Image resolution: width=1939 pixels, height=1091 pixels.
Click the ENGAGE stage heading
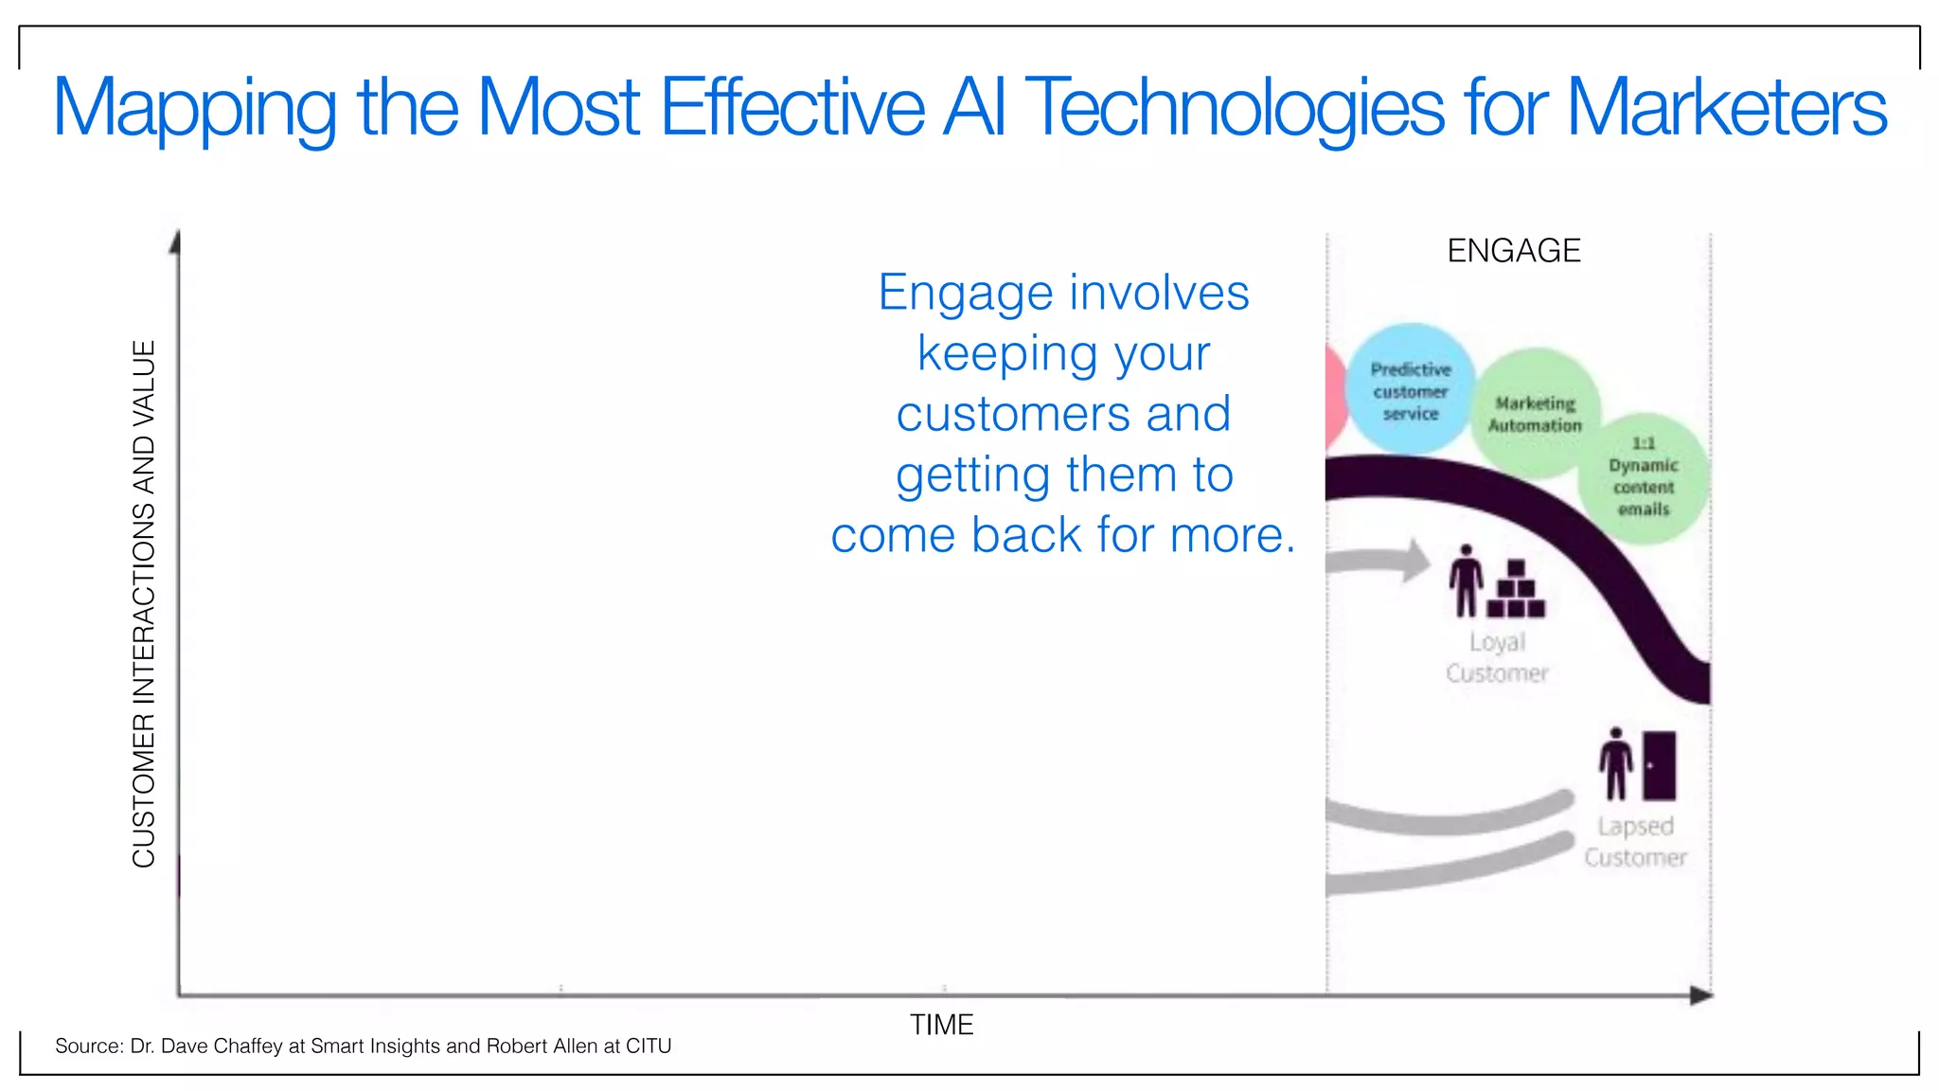point(1513,251)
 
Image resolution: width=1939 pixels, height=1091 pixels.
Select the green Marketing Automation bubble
point(1535,414)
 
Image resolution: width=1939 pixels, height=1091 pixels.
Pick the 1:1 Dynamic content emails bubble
point(1644,476)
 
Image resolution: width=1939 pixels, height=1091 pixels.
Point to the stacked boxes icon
point(1516,590)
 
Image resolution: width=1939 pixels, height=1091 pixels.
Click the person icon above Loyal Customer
point(1467,581)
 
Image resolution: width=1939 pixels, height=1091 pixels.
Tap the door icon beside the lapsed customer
point(1659,765)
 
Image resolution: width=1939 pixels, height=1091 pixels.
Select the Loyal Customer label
point(1497,657)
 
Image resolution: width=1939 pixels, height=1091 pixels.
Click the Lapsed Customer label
point(1635,841)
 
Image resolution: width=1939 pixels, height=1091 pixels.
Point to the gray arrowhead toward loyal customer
point(1416,560)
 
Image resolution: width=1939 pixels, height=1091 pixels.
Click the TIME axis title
point(941,1025)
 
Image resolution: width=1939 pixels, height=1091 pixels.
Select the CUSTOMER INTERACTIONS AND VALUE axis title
point(143,603)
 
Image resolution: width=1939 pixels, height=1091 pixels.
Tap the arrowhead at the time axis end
point(1701,995)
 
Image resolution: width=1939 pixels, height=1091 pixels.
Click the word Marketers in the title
point(1726,108)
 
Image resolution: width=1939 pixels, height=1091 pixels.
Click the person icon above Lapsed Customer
point(1616,763)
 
